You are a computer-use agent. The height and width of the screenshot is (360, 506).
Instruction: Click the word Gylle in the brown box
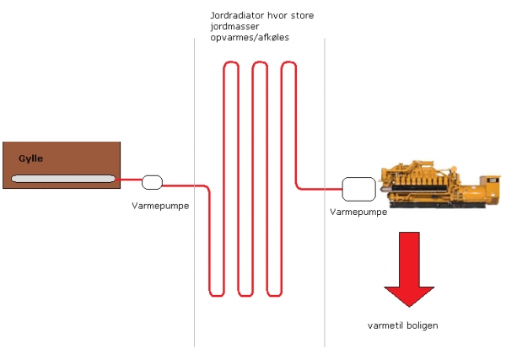click(x=30, y=159)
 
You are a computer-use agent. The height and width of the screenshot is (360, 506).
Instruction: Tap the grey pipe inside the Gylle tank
click(x=63, y=179)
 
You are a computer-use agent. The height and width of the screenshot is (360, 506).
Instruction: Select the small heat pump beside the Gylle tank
click(x=153, y=181)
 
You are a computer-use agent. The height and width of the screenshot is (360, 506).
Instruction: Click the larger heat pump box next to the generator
click(x=358, y=188)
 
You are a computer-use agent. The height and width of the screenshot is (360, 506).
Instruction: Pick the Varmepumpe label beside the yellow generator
click(x=358, y=212)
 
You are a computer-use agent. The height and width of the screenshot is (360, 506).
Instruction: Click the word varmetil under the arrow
click(x=384, y=325)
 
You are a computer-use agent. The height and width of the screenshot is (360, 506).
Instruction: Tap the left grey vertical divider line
click(x=194, y=253)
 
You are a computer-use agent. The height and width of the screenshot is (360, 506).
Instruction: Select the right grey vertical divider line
click(x=325, y=253)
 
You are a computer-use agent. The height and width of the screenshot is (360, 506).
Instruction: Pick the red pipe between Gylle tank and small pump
click(x=131, y=180)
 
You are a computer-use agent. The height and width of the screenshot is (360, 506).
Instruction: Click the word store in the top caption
click(x=301, y=16)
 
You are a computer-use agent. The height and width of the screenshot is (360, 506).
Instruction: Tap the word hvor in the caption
click(x=277, y=16)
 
